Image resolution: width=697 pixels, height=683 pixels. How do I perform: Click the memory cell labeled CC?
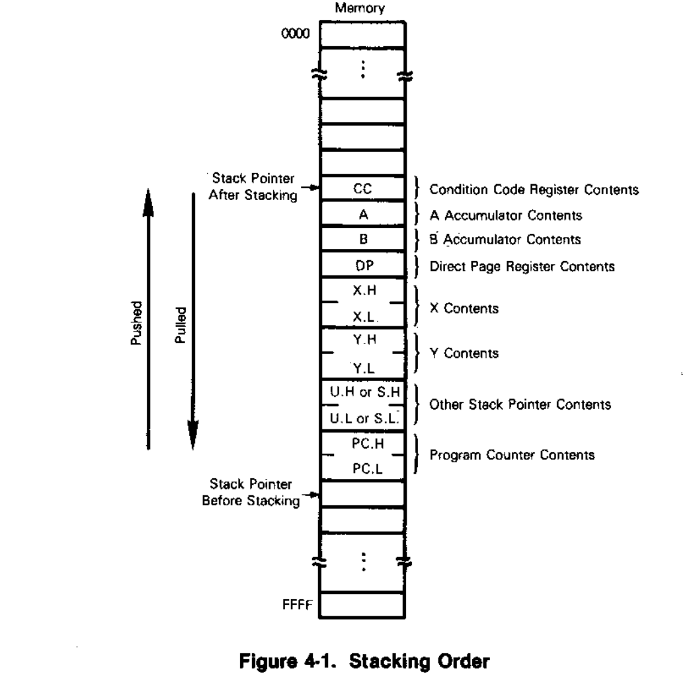362,189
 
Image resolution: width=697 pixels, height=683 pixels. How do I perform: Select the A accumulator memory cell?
362,215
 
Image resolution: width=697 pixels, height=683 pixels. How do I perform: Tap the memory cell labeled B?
362,240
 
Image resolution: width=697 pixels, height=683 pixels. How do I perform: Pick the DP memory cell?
362,266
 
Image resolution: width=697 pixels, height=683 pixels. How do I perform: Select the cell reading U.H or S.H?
362,392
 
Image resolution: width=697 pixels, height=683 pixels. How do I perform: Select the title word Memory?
360,9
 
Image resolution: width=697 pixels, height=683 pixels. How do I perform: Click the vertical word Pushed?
137,323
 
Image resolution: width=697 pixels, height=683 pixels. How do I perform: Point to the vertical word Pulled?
180,323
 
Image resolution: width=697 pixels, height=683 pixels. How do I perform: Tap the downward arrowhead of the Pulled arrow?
192,436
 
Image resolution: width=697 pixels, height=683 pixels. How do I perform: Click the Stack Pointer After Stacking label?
254,186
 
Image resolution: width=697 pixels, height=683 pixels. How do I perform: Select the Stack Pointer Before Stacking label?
251,493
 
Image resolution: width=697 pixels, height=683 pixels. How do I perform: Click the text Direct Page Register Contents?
522,266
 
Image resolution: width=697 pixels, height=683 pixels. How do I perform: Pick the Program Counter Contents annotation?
512,454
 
